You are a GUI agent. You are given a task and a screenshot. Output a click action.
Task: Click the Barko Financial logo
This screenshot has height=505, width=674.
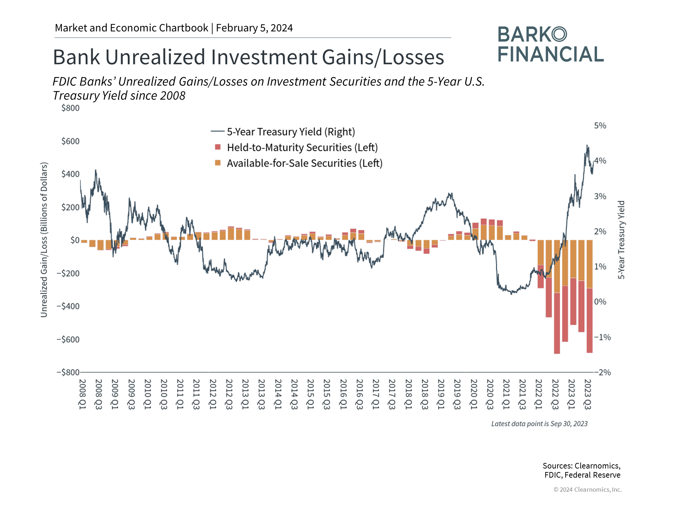pyautogui.click(x=550, y=45)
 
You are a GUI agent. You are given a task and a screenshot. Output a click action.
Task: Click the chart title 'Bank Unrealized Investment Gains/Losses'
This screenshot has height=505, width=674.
pyautogui.click(x=248, y=57)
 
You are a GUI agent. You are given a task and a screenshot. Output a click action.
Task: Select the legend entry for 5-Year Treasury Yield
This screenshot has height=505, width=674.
pyautogui.click(x=290, y=132)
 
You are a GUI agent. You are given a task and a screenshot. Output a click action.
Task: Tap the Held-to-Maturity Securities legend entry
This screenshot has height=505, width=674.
pyautogui.click(x=302, y=148)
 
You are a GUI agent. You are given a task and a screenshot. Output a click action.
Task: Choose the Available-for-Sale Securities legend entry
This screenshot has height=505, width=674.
pyautogui.click(x=304, y=163)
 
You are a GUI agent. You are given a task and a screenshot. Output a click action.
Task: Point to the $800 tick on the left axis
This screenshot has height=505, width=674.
pyautogui.click(x=70, y=108)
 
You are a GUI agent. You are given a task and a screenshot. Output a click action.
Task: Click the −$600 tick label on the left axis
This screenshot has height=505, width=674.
pyautogui.click(x=68, y=339)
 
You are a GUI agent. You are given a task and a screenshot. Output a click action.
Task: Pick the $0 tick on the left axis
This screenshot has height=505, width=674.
pyautogui.click(x=75, y=240)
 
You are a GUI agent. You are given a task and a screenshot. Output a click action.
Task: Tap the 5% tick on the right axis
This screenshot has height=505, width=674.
pyautogui.click(x=600, y=126)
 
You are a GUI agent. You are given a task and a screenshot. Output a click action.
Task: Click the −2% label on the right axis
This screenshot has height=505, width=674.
pyautogui.click(x=602, y=372)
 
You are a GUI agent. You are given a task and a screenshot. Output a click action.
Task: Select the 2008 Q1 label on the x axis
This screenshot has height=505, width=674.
pyautogui.click(x=82, y=394)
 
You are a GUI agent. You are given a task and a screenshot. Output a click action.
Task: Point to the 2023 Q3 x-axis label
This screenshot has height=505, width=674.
pyautogui.click(x=588, y=394)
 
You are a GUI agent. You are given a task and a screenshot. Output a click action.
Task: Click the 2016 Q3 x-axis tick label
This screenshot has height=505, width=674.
pyautogui.click(x=359, y=394)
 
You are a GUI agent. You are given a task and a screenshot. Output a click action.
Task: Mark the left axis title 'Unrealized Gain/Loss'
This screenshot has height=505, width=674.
pyautogui.click(x=44, y=240)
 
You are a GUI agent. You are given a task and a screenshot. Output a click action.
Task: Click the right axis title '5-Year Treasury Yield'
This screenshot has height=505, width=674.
pyautogui.click(x=621, y=240)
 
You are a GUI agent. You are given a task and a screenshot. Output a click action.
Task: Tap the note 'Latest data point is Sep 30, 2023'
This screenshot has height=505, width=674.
pyautogui.click(x=539, y=424)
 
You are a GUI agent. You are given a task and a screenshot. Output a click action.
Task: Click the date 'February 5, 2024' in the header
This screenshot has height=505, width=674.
pyautogui.click(x=254, y=28)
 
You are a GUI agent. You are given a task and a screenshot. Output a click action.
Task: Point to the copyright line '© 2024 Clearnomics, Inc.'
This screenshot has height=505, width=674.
pyautogui.click(x=587, y=490)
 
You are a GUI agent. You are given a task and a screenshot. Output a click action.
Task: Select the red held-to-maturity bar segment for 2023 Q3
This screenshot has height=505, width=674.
pyautogui.click(x=589, y=320)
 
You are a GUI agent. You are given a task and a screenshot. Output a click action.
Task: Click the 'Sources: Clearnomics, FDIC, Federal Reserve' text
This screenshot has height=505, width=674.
pyautogui.click(x=582, y=470)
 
